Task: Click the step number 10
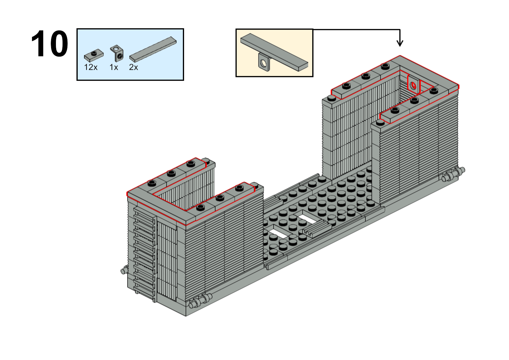click(50, 44)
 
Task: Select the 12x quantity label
click(91, 67)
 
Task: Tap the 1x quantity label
click(114, 67)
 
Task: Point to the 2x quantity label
click(133, 67)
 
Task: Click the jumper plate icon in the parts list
click(94, 55)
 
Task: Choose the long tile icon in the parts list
click(153, 49)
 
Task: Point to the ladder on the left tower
click(145, 254)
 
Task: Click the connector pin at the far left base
click(124, 270)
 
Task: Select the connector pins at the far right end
click(453, 175)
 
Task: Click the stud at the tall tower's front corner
click(381, 123)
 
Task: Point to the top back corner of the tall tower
click(400, 56)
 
